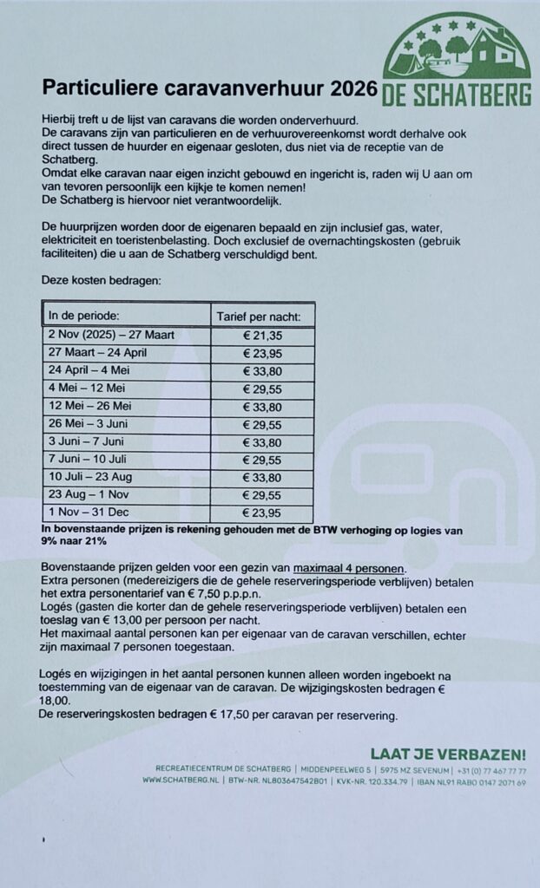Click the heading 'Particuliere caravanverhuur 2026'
(210, 88)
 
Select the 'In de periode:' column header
(83, 314)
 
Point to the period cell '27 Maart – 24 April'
(97, 352)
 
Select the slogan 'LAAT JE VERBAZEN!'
(447, 754)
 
